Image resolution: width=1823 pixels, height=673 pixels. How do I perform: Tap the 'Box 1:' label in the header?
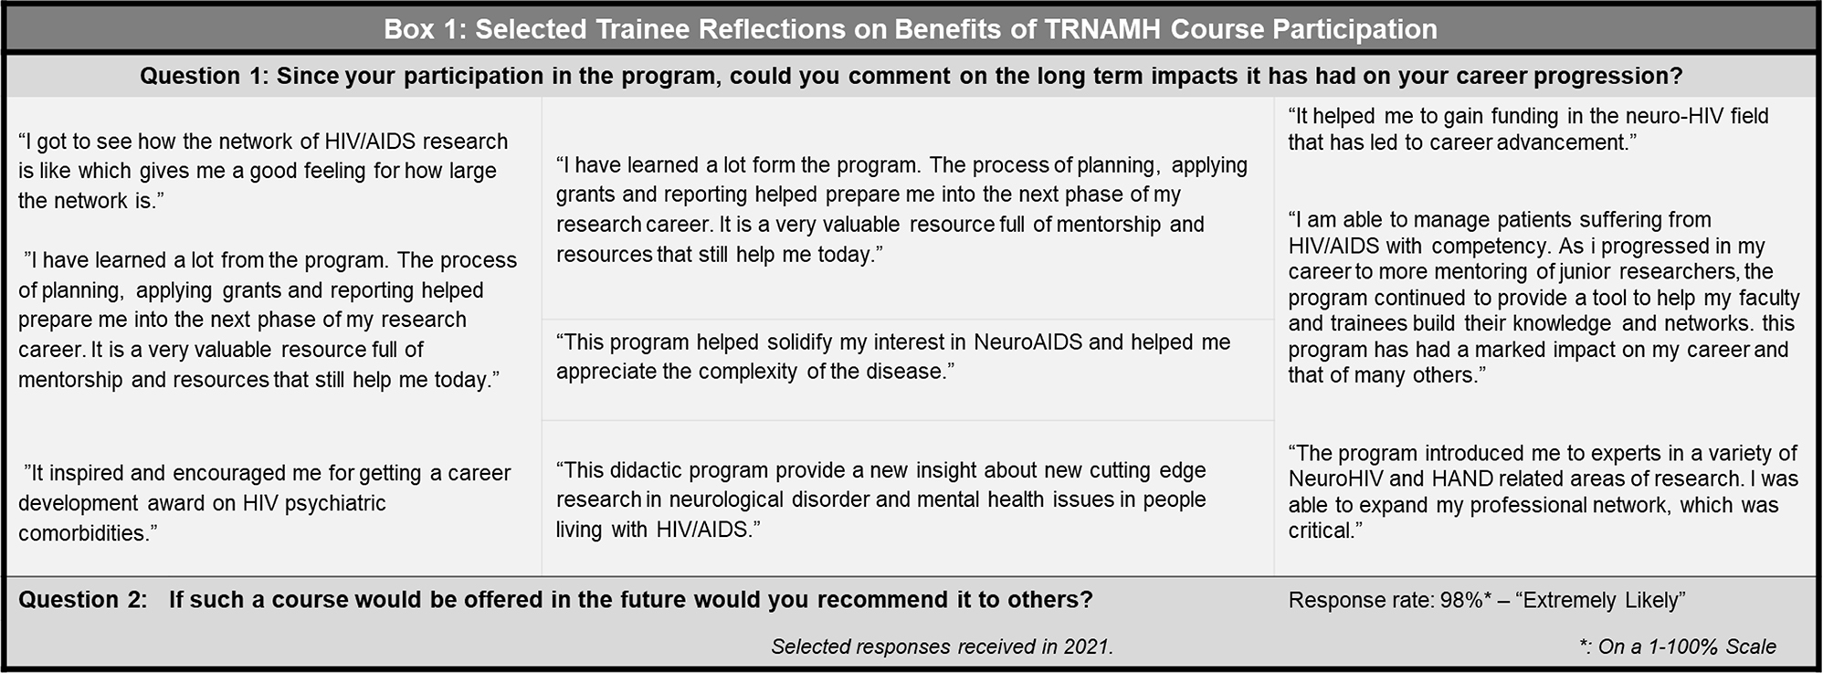[x=425, y=29]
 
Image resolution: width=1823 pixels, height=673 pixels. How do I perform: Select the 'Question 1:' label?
[x=204, y=76]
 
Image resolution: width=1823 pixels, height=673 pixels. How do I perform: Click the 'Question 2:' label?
[x=83, y=600]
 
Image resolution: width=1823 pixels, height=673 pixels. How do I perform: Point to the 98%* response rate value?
[x=1466, y=600]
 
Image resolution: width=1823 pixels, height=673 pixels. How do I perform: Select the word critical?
[x=1322, y=531]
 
